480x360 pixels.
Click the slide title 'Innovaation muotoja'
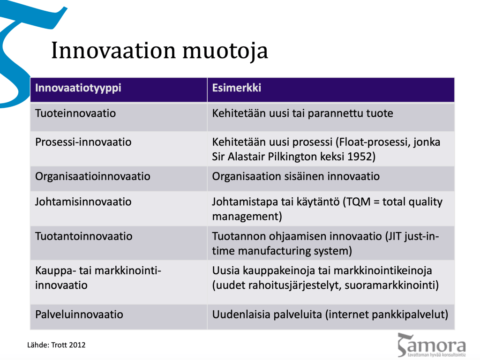159,51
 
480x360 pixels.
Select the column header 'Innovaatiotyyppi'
78,88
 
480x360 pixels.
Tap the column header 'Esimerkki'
237,88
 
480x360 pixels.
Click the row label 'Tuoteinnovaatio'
75,113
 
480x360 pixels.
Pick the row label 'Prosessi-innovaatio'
83,142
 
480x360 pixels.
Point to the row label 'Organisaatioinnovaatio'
92,176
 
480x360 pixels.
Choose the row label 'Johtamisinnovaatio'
83,202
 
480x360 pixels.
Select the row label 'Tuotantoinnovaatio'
83,236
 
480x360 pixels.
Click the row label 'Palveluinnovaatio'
79,315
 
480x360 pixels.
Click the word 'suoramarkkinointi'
391,285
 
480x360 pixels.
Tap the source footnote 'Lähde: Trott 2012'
56,345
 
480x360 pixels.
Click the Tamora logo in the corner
432,345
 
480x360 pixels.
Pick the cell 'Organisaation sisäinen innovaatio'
296,176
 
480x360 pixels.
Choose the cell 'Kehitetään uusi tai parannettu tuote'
302,113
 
